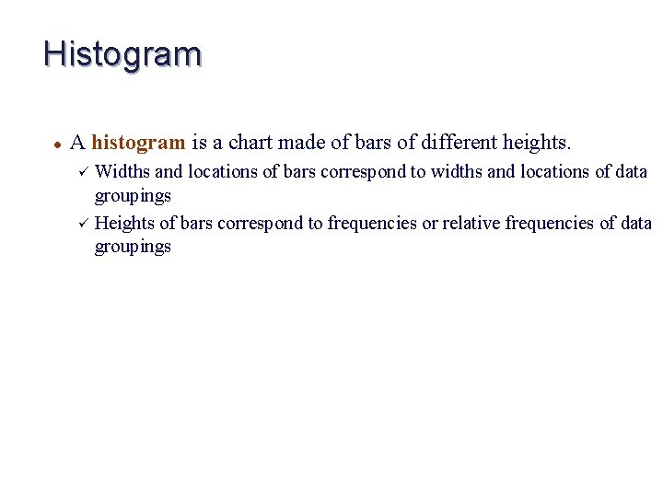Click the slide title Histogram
(122, 54)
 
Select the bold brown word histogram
(138, 143)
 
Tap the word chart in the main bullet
(250, 143)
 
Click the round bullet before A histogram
(57, 144)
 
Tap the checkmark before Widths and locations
(82, 171)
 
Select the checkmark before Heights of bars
(82, 223)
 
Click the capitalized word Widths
(122, 171)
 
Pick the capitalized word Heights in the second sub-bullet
(125, 223)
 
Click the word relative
(476, 223)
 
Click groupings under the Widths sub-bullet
(133, 196)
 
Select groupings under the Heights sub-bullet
(133, 248)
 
